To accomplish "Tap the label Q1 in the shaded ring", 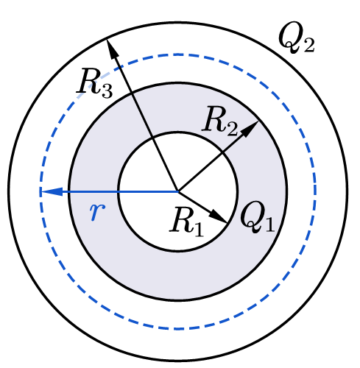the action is [x=257, y=216].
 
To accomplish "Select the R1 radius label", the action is [x=186, y=220].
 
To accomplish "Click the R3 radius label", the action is [x=94, y=84].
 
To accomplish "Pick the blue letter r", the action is [x=97, y=211].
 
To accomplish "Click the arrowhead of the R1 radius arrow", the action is [x=219, y=216].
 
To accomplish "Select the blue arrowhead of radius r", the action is [x=52, y=191].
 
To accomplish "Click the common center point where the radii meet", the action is [x=178, y=191].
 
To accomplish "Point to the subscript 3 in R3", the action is [x=106, y=91].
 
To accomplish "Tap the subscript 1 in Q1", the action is [x=269, y=224].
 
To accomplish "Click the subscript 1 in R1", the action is [x=198, y=230].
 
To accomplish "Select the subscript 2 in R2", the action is [x=231, y=129].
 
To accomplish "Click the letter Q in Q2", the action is [x=289, y=37].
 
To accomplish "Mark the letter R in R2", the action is [x=213, y=118].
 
